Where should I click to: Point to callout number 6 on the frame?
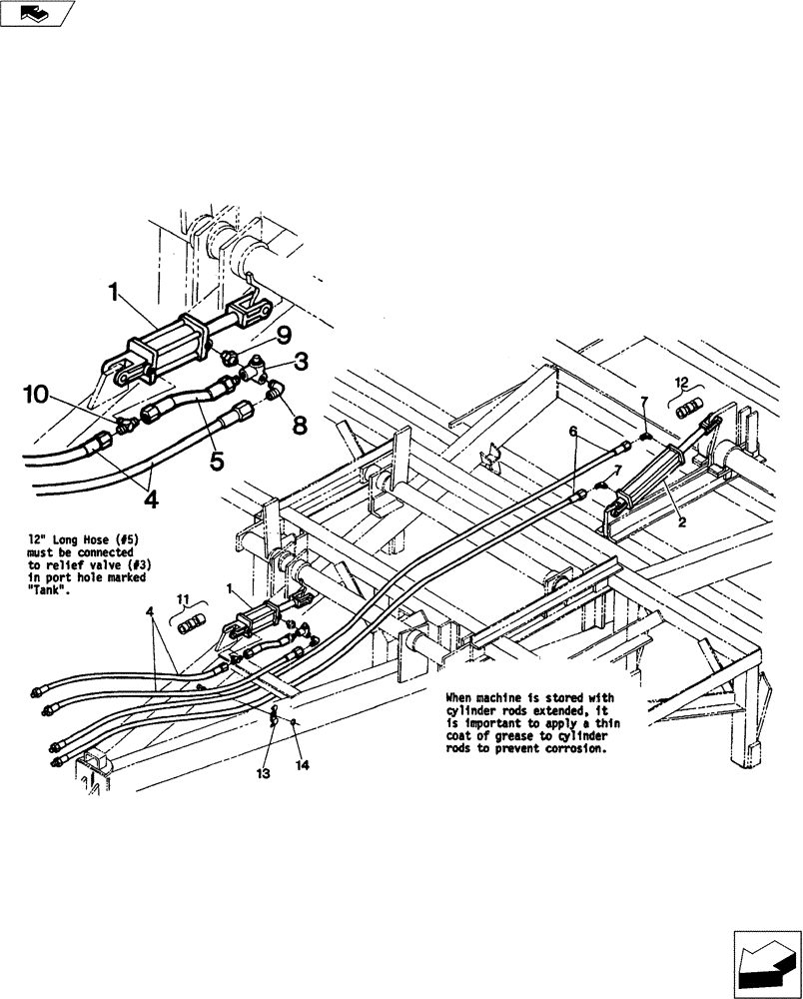tap(573, 431)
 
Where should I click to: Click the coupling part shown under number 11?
tap(190, 626)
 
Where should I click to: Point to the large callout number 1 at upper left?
tap(115, 294)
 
